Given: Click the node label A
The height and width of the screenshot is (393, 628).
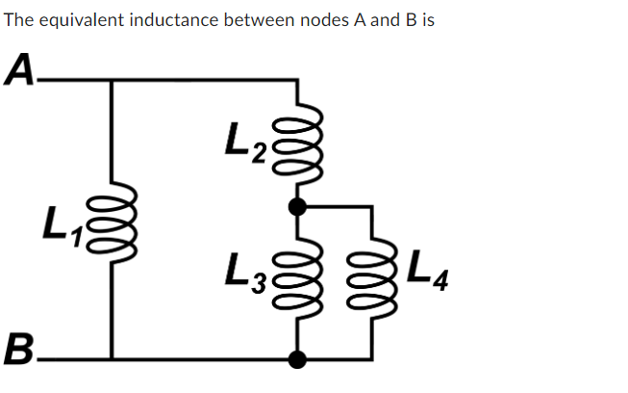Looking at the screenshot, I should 20,68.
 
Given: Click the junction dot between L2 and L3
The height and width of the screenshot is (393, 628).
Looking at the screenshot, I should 297,206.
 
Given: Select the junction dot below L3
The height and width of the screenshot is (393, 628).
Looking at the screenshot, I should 297,359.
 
